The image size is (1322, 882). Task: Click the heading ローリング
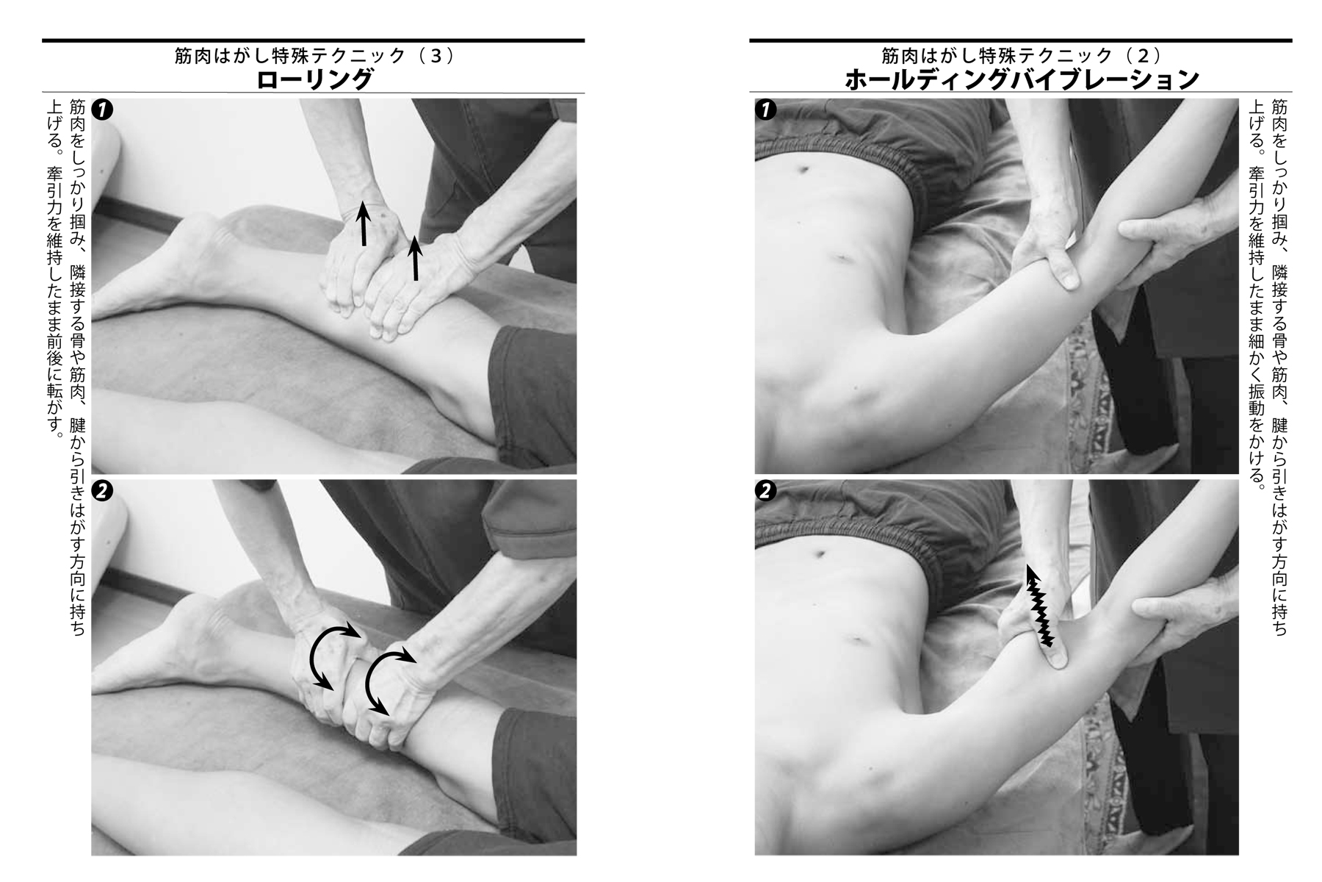click(x=315, y=80)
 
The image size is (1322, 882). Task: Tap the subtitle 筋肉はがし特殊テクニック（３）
click(x=315, y=56)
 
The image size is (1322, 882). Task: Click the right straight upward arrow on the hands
click(x=416, y=258)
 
